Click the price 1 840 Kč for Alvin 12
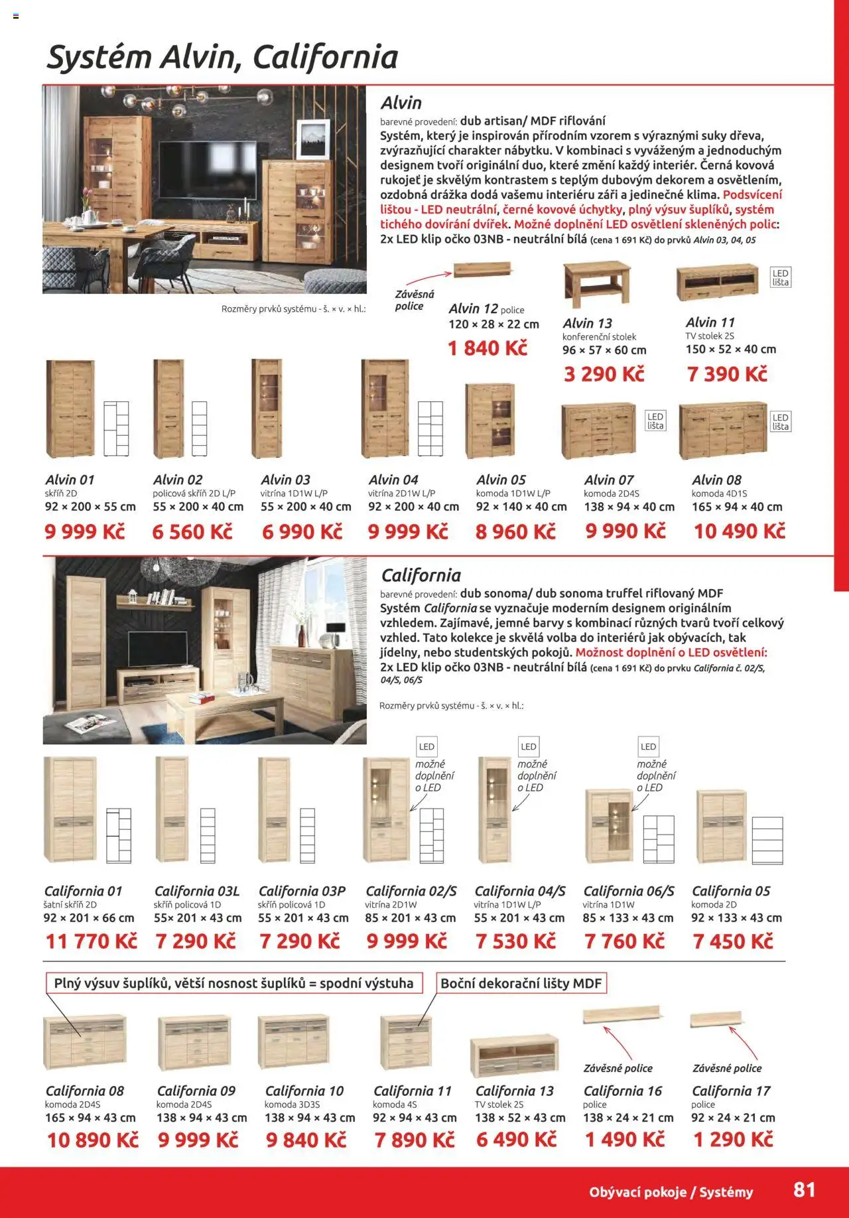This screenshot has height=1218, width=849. click(x=488, y=348)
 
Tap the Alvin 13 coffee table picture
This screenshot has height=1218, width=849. click(x=596, y=284)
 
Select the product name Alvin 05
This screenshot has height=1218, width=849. click(x=501, y=480)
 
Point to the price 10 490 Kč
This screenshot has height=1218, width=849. click(x=740, y=531)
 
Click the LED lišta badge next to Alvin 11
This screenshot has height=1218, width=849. click(x=781, y=277)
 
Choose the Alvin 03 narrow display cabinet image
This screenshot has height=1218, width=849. click(x=267, y=408)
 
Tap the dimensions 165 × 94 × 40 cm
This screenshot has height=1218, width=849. click(x=737, y=507)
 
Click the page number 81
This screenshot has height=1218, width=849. click(x=804, y=1189)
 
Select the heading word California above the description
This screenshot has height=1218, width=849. click(x=421, y=575)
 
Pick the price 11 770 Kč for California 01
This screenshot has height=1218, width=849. click(x=92, y=941)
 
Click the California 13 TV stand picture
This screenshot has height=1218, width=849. click(x=515, y=1057)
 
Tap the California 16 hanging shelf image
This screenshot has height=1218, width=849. click(x=621, y=1015)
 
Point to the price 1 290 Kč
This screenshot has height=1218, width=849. click(x=733, y=1140)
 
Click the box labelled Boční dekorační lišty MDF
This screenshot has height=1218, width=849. click(x=521, y=983)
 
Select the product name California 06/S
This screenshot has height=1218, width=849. click(x=629, y=891)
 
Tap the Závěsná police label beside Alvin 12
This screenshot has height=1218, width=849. click(x=415, y=301)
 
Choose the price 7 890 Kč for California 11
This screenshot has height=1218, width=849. click(x=415, y=1140)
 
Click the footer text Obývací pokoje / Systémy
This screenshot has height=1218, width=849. click(x=671, y=1192)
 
